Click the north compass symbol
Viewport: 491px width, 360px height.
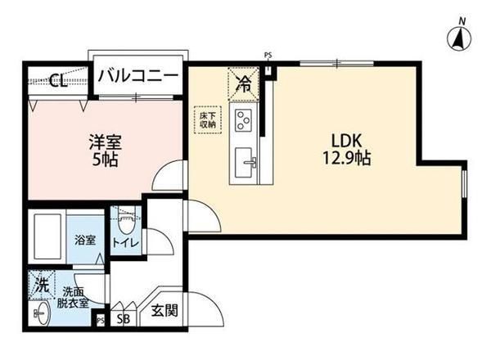[458, 35]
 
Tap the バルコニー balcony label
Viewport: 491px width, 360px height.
[137, 76]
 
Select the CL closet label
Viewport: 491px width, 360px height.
[56, 80]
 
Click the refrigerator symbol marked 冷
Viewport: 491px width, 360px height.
[243, 82]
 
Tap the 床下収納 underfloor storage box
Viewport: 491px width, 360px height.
[206, 121]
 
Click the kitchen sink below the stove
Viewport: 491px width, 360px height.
[245, 160]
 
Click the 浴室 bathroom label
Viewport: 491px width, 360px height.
[86, 241]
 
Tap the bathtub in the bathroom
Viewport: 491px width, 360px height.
[48, 237]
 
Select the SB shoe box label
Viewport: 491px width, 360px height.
[123, 320]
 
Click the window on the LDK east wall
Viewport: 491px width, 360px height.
[464, 185]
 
